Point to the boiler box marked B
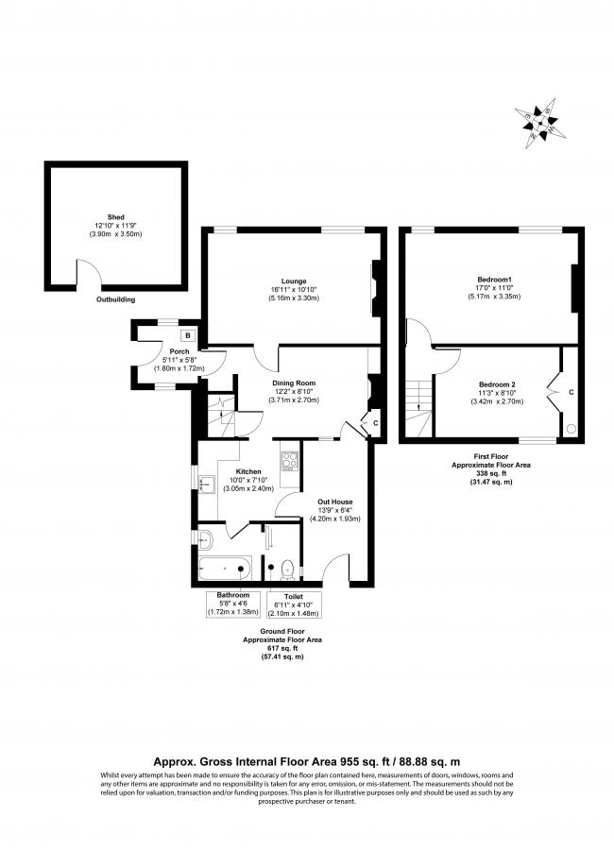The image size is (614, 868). [188, 335]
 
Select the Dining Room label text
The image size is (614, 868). [295, 383]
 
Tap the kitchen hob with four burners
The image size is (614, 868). [290, 462]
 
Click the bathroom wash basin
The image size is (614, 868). [208, 539]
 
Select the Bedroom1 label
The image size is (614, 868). [494, 280]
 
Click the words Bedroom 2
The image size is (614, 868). [497, 384]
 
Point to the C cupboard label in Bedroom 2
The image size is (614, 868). [571, 392]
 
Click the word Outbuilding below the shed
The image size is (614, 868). [116, 299]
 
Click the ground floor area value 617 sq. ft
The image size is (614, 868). [282, 647]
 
